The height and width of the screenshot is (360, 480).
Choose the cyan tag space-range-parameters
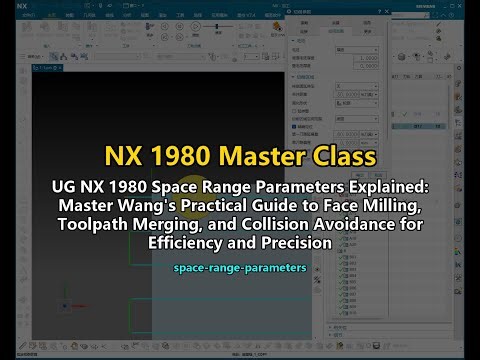(x=240, y=269)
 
